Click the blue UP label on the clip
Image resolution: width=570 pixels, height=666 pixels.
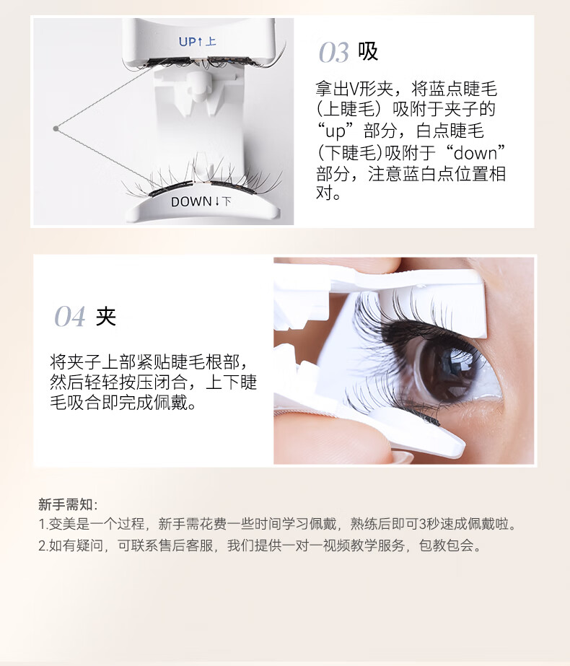[197, 42]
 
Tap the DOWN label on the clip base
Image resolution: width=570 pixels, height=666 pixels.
[201, 202]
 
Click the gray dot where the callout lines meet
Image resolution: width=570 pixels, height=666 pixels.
[56, 128]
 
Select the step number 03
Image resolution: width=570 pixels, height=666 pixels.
[334, 53]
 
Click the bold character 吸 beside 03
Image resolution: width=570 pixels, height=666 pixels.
[368, 52]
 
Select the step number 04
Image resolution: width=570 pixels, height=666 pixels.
[70, 317]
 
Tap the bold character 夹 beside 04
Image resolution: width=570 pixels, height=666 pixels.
[106, 316]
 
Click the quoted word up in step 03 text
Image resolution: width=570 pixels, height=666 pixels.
[336, 131]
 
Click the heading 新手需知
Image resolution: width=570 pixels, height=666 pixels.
[65, 504]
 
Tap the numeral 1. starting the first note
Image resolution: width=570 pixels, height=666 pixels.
[43, 524]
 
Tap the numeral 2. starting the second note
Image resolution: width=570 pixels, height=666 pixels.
[43, 545]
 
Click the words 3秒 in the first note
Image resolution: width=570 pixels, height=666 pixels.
[429, 524]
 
